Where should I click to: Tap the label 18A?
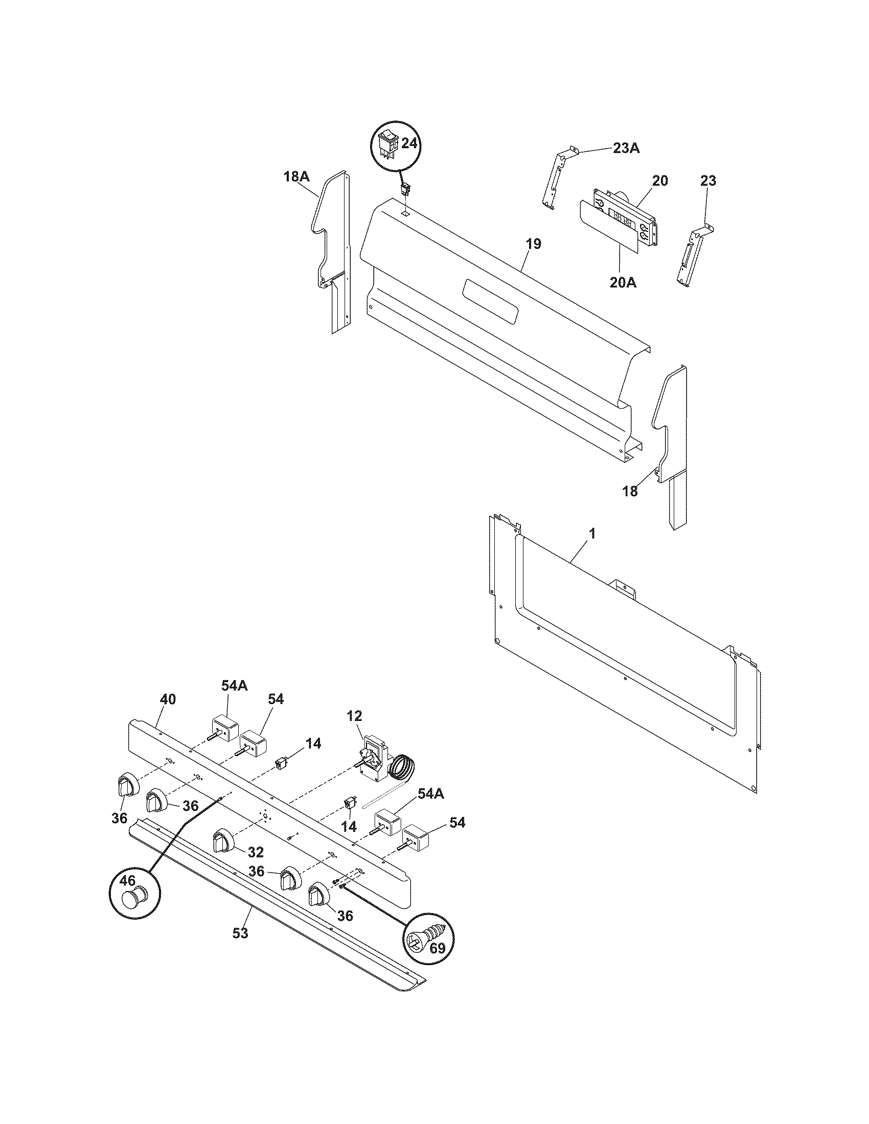pyautogui.click(x=296, y=177)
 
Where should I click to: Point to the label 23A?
pyautogui.click(x=626, y=149)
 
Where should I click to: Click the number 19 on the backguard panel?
pyautogui.click(x=534, y=244)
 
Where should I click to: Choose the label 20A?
pyautogui.click(x=623, y=282)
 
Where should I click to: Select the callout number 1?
pyautogui.click(x=592, y=533)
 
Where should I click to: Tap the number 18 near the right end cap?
pyautogui.click(x=630, y=491)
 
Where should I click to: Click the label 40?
pyautogui.click(x=168, y=699)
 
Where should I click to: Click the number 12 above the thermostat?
pyautogui.click(x=355, y=715)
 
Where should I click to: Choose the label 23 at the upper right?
pyautogui.click(x=708, y=181)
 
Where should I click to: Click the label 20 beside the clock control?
pyautogui.click(x=660, y=181)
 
